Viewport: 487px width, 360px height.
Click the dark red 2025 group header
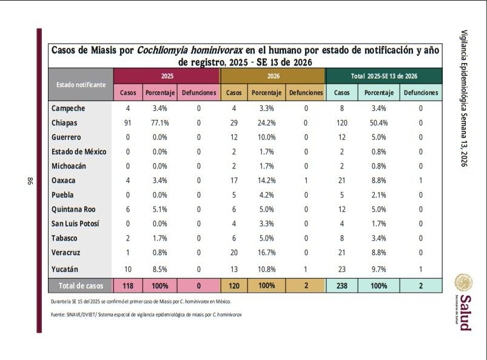point(166,76)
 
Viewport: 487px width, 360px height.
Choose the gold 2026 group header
point(272,76)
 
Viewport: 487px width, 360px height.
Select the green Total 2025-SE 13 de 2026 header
point(384,76)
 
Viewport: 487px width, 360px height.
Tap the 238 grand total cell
point(341,285)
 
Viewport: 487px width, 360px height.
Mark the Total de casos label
point(81,285)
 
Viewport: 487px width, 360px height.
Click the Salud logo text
point(464,312)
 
